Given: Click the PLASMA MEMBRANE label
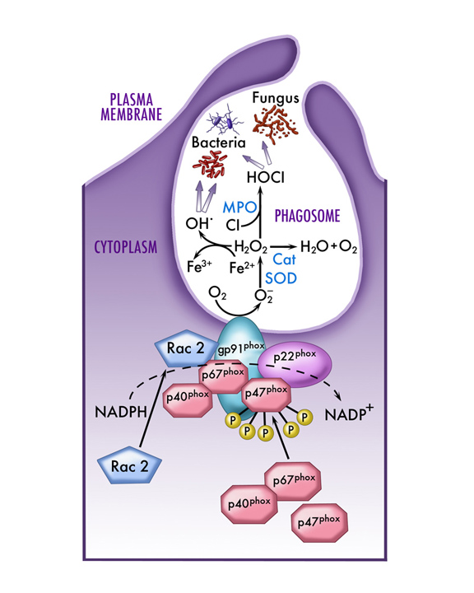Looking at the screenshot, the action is point(131,107).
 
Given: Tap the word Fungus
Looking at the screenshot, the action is point(276,98).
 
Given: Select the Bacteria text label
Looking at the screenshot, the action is point(218,142).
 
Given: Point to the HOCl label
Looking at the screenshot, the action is point(265,177).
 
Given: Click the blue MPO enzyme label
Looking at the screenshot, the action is point(239,208).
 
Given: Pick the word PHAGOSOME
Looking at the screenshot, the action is point(307,216).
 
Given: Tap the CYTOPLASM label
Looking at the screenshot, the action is point(126,247).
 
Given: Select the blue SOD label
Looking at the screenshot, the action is point(281,278).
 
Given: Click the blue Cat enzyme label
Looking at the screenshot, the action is point(284,259).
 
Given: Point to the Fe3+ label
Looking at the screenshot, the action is point(199,266).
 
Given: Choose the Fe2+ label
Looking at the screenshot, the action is point(242,268).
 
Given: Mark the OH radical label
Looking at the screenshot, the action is point(197,223).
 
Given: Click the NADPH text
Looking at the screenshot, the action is point(121,412).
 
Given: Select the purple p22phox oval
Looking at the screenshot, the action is point(295,366).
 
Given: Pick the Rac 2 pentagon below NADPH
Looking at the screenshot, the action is point(130,465).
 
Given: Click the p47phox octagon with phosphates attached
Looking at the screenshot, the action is point(267,394).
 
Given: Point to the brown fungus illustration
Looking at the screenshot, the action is point(276,123).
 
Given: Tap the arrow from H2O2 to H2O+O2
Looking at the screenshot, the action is point(283,247).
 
